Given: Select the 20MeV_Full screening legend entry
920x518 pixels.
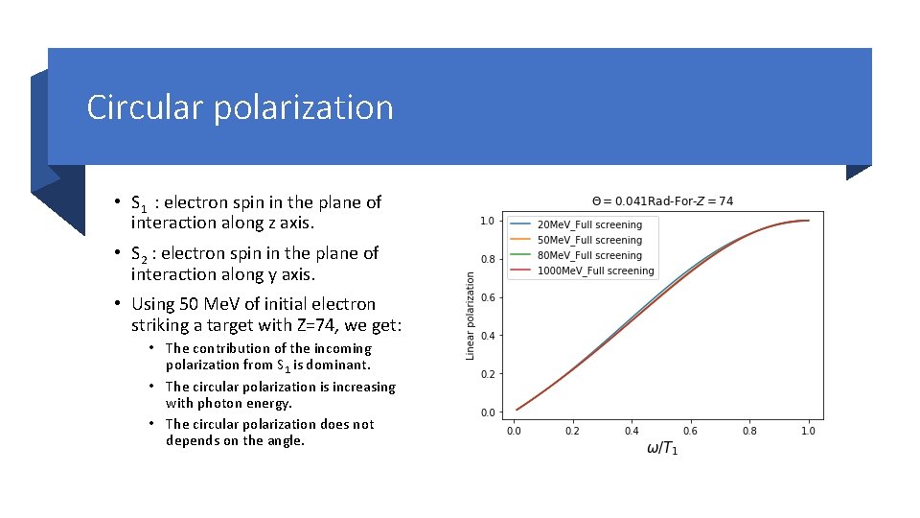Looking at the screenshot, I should pyautogui.click(x=589, y=224).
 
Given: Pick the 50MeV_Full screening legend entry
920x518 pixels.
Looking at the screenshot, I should pyautogui.click(x=589, y=240).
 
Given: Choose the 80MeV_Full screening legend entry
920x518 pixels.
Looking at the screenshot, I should pyautogui.click(x=589, y=255).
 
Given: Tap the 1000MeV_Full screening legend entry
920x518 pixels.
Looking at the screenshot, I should pyautogui.click(x=595, y=271).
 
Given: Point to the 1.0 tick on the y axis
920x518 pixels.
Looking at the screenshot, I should pyautogui.click(x=487, y=221).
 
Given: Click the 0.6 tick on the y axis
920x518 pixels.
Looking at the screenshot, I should pyautogui.click(x=487, y=297).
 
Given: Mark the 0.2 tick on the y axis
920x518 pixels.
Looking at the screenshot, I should pyautogui.click(x=487, y=374).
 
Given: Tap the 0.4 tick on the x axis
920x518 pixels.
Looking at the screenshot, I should pyautogui.click(x=632, y=431).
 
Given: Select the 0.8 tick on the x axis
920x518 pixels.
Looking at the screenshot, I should pyautogui.click(x=749, y=431).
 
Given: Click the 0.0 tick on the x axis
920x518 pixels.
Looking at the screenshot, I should pyautogui.click(x=514, y=431).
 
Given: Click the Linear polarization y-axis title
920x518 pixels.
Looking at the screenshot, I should pyautogui.click(x=470, y=316).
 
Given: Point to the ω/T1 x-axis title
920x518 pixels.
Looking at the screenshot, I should pyautogui.click(x=661, y=449).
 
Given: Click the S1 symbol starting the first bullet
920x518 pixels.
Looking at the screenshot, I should pyautogui.click(x=139, y=203).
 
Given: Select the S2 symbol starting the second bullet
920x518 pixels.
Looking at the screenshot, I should pyautogui.click(x=139, y=254).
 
